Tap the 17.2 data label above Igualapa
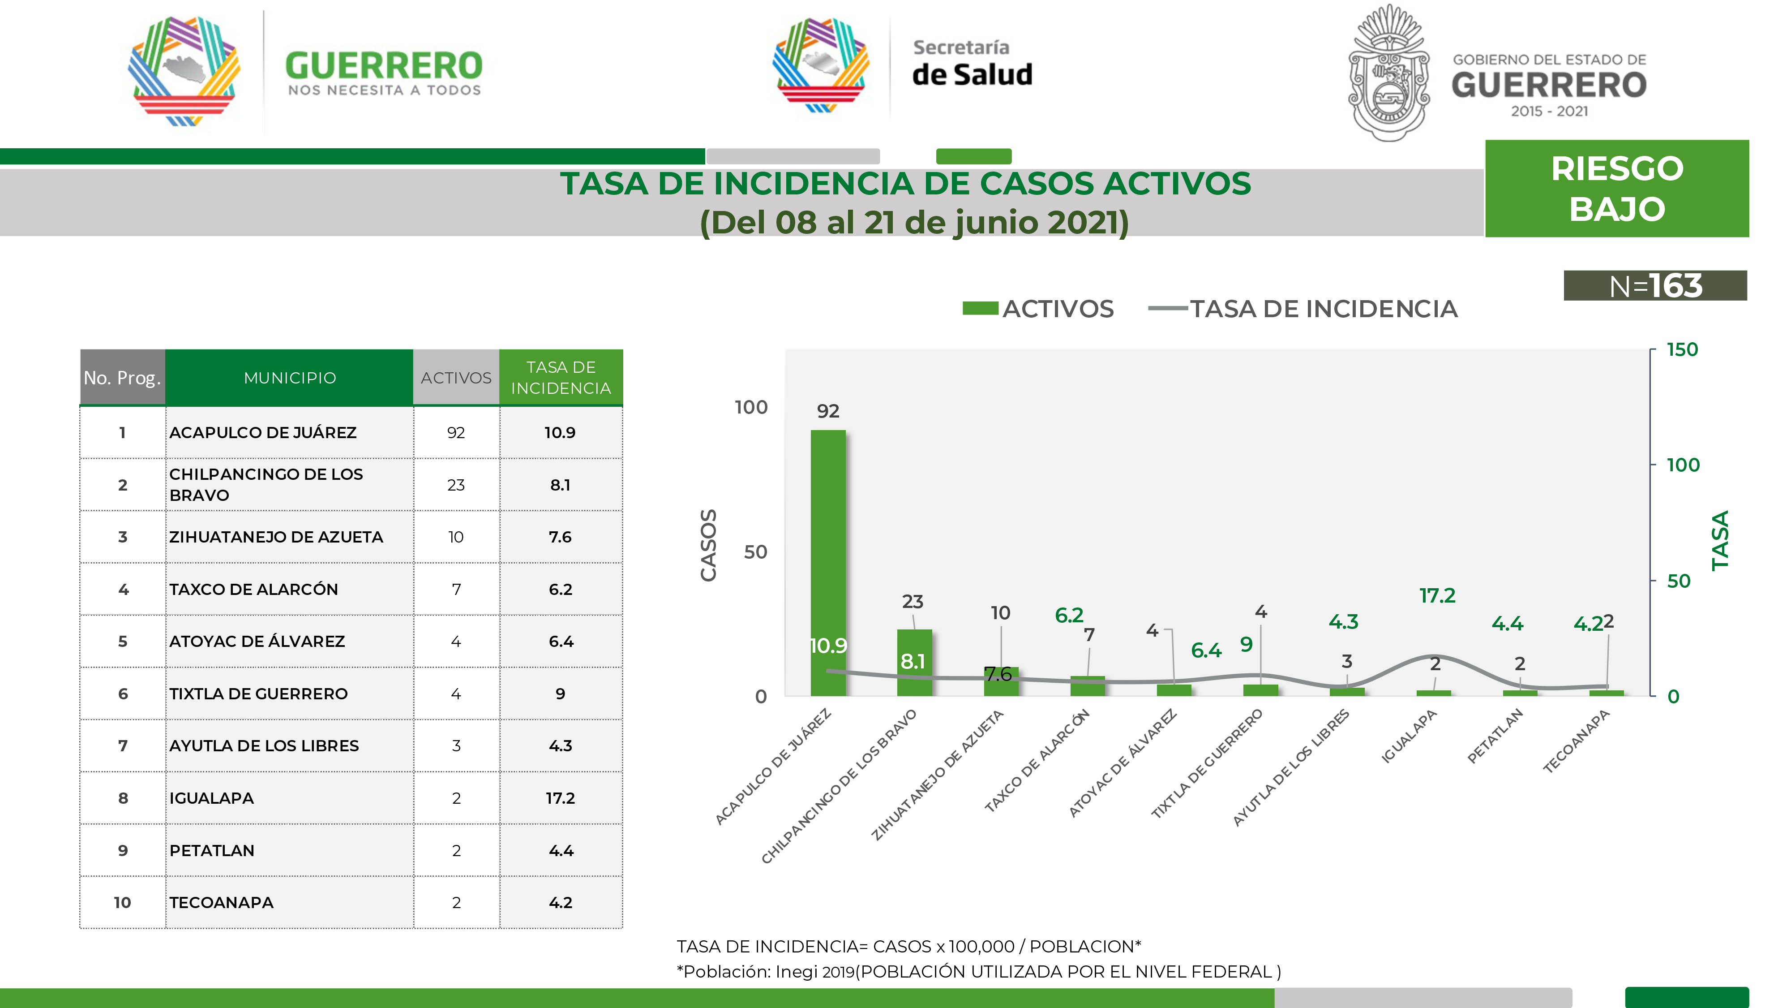pos(1437,595)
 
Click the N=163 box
pos(1655,286)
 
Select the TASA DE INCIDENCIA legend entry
pos(1303,309)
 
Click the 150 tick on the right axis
pos(1682,350)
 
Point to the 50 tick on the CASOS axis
pos(756,552)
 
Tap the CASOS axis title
pos(708,545)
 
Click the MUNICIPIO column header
pos(289,378)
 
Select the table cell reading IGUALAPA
pos(212,798)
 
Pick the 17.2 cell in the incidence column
pos(561,798)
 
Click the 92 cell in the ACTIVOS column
pos(456,433)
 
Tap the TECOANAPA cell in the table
pos(222,902)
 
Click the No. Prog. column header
pos(122,378)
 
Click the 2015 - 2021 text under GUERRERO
pos(1549,111)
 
